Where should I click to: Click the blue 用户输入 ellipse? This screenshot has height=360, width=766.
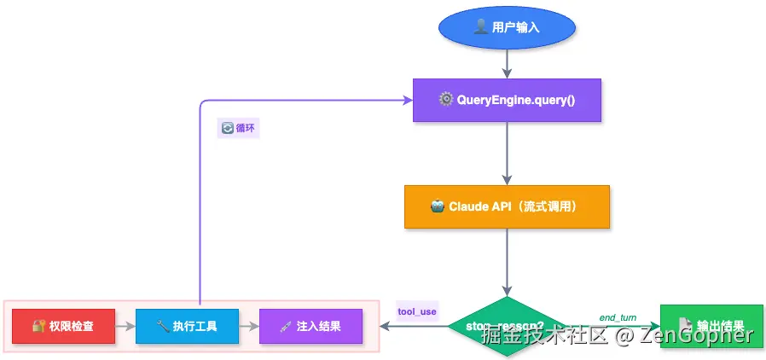click(x=507, y=27)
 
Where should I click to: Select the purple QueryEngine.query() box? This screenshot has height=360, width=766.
click(x=507, y=100)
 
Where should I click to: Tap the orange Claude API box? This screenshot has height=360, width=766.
click(x=507, y=206)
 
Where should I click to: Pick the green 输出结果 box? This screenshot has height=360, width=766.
click(x=711, y=326)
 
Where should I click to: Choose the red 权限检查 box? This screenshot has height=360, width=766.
click(x=63, y=326)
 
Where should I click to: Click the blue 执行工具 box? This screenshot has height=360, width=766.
click(x=187, y=326)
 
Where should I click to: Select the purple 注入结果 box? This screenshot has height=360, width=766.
click(x=310, y=326)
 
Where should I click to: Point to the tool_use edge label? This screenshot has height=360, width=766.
click(x=417, y=311)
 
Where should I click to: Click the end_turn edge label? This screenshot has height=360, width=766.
click(x=618, y=316)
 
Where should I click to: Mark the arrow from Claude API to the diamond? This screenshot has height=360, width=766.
click(x=507, y=261)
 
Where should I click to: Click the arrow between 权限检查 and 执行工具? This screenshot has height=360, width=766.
click(x=125, y=326)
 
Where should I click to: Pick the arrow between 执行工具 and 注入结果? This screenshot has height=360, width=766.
click(x=248, y=326)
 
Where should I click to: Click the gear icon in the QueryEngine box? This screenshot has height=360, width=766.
click(x=445, y=100)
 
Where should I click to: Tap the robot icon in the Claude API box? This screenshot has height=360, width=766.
click(x=437, y=206)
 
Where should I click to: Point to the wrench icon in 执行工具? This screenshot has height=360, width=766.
click(x=162, y=326)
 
